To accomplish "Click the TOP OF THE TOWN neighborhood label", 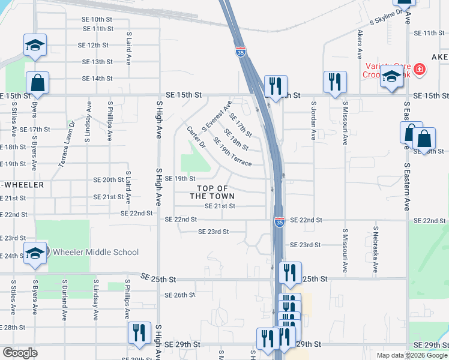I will (x=212, y=193).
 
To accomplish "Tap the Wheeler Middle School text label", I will (x=95, y=252).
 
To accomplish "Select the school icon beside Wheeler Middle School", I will (x=35, y=254).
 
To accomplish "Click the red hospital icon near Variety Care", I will (x=419, y=69).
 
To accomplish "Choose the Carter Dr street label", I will (x=196, y=137).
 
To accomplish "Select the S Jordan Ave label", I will (x=313, y=121).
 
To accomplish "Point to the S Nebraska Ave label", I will (x=375, y=250).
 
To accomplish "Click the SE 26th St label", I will (x=180, y=295).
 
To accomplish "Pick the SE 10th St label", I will (x=97, y=20).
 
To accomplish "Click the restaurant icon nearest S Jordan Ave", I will (x=334, y=83).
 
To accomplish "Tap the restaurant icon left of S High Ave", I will (x=139, y=333).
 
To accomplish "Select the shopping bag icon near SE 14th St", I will (x=37, y=83).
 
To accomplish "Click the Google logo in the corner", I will (x=20, y=352).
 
